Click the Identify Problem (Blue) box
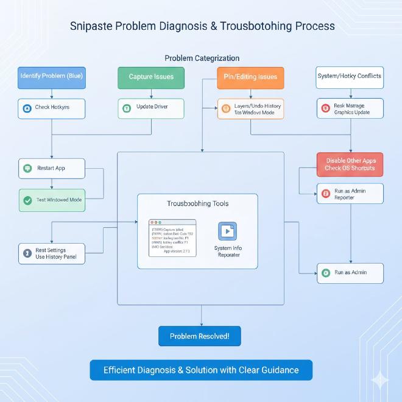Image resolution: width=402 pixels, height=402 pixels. (52, 77)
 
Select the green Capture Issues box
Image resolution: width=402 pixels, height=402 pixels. (151, 77)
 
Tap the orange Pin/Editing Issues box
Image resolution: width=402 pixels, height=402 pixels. (250, 77)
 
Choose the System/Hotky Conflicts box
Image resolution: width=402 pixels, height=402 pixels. (350, 77)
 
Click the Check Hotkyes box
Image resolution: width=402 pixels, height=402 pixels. (52, 108)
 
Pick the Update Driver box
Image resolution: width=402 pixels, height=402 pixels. (151, 108)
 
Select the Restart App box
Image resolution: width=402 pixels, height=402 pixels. (52, 168)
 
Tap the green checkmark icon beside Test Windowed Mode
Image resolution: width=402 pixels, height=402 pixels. (27, 200)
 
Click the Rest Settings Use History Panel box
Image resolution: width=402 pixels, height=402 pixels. (52, 253)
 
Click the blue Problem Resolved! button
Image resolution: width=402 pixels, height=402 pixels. (200, 336)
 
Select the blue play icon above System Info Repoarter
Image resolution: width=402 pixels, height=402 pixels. (228, 231)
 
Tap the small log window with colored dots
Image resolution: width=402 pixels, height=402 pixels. (172, 238)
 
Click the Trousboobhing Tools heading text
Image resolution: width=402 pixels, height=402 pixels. (197, 203)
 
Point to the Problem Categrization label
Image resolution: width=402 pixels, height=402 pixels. (202, 58)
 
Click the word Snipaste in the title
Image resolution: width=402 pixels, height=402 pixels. (92, 26)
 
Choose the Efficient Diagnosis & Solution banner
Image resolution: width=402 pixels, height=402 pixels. (201, 370)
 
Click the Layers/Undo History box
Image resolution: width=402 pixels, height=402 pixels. (250, 109)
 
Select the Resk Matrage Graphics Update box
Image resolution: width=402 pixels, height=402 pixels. (350, 109)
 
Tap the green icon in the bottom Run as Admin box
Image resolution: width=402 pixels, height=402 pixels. (326, 273)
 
